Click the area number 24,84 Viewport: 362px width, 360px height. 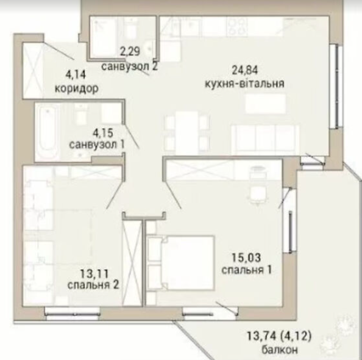click(x=245, y=70)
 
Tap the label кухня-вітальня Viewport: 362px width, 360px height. click(x=244, y=84)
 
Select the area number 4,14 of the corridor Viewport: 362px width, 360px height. click(x=76, y=74)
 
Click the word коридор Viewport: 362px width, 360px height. click(x=77, y=88)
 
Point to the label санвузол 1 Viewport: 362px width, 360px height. click(x=97, y=145)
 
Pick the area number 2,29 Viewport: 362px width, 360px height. click(x=130, y=51)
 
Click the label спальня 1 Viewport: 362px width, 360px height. click(x=246, y=270)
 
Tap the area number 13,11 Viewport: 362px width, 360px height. click(x=94, y=275)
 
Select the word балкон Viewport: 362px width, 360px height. click(x=279, y=350)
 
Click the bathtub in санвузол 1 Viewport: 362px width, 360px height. click(x=48, y=131)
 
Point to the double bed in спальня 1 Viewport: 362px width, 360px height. click(x=180, y=263)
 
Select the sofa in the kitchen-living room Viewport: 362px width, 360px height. click(x=265, y=140)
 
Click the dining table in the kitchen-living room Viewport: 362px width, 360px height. click(x=187, y=133)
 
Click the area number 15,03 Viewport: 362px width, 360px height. click(x=246, y=258)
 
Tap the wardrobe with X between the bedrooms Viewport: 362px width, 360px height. click(x=132, y=263)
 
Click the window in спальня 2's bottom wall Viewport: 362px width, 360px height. click(x=73, y=314)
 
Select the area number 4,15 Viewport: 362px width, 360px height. click(x=103, y=133)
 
